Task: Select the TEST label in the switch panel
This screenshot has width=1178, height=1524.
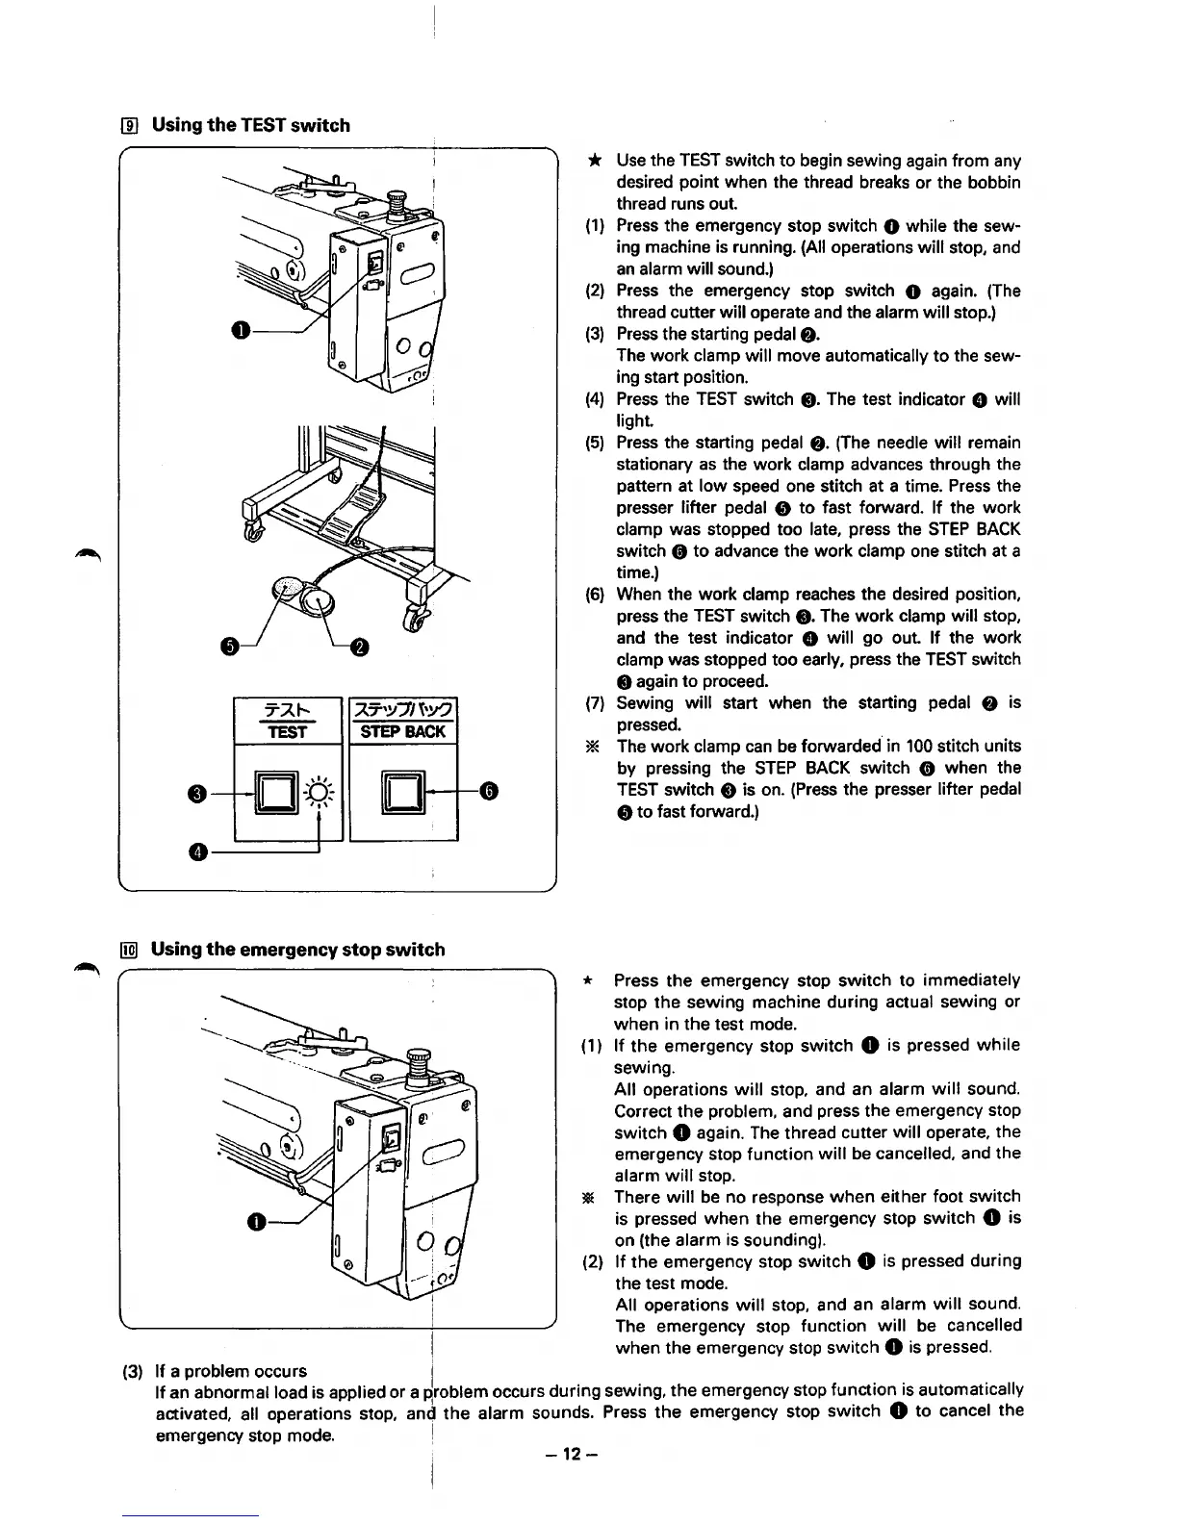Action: click(x=288, y=732)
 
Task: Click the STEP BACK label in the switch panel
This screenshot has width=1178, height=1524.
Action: click(x=402, y=732)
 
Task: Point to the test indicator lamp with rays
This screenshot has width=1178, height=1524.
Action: click(x=317, y=793)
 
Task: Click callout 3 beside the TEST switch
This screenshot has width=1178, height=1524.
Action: click(x=196, y=793)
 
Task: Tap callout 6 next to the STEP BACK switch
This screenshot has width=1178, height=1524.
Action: click(x=489, y=791)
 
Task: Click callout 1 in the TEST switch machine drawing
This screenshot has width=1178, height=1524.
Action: click(x=239, y=331)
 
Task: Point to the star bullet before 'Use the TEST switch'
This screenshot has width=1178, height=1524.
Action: click(x=596, y=161)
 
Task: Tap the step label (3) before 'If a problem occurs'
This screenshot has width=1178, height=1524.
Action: click(x=134, y=1371)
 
